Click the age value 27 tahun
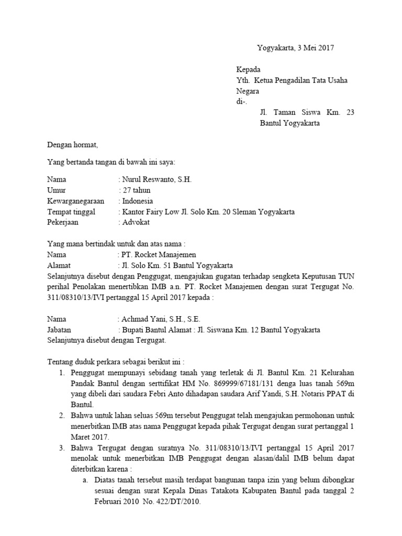point(136,190)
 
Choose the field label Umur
point(57,190)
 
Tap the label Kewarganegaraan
point(76,201)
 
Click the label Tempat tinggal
point(71,212)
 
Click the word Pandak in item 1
point(83,383)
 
